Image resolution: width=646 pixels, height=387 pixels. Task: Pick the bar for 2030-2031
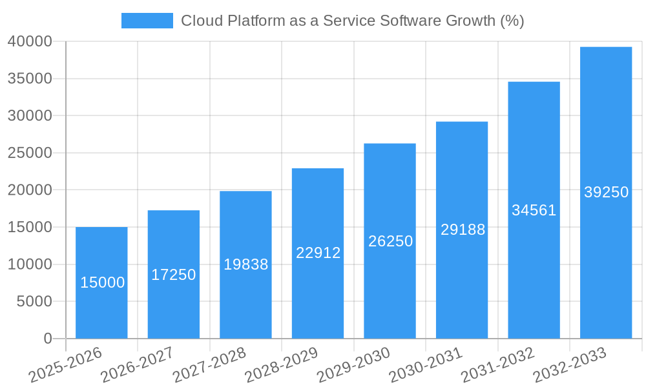(x=462, y=284)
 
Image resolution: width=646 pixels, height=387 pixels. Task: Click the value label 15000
(x=102, y=283)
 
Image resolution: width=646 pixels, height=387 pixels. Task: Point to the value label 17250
(x=174, y=275)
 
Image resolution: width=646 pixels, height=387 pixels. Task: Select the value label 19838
(x=245, y=264)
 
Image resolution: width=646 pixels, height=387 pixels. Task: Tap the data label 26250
(x=390, y=241)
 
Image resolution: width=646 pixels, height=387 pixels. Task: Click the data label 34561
(x=534, y=210)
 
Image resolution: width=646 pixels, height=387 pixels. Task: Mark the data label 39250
(x=606, y=192)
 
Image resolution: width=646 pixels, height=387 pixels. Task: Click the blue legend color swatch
(x=147, y=21)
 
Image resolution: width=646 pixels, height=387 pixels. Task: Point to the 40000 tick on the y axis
(x=30, y=41)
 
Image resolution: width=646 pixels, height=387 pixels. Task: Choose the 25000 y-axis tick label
(x=30, y=153)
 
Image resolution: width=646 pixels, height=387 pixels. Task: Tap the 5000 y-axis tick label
(x=34, y=301)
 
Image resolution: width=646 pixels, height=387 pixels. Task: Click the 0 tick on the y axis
(x=47, y=339)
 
